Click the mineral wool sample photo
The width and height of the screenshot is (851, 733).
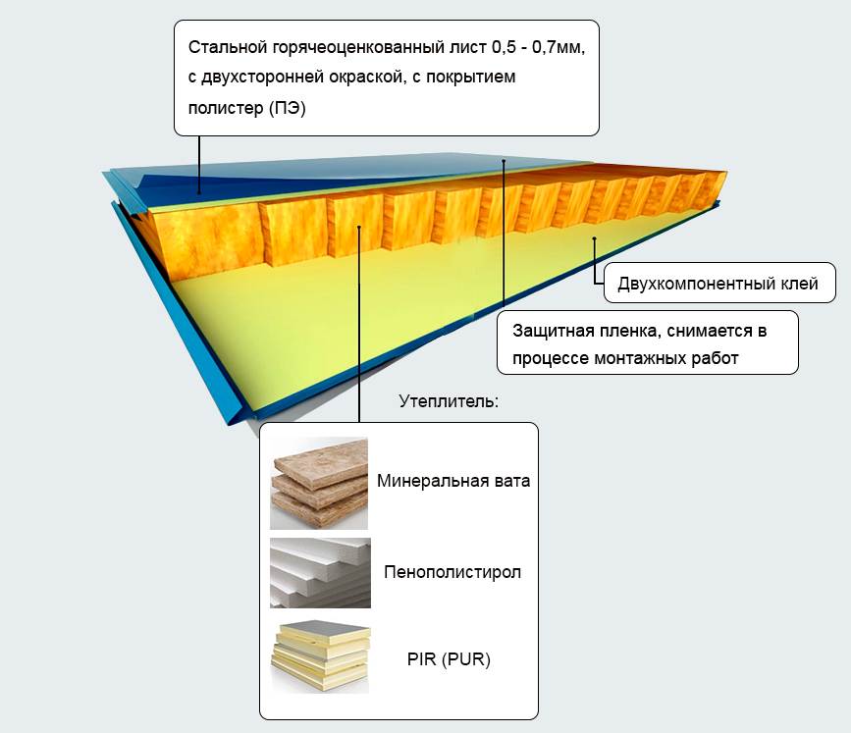[x=319, y=483]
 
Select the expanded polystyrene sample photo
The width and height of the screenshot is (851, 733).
[x=319, y=572]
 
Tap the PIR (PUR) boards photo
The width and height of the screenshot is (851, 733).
[x=319, y=655]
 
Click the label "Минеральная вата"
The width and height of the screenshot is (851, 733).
[x=452, y=482]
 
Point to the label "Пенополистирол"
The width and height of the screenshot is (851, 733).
[x=452, y=572]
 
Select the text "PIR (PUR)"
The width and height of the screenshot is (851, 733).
[x=449, y=659]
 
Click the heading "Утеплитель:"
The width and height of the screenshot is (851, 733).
[x=450, y=402]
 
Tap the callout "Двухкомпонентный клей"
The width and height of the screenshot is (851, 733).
[x=718, y=285]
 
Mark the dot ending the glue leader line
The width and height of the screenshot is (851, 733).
[x=595, y=238]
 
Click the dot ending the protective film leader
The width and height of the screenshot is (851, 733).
[x=504, y=160]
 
